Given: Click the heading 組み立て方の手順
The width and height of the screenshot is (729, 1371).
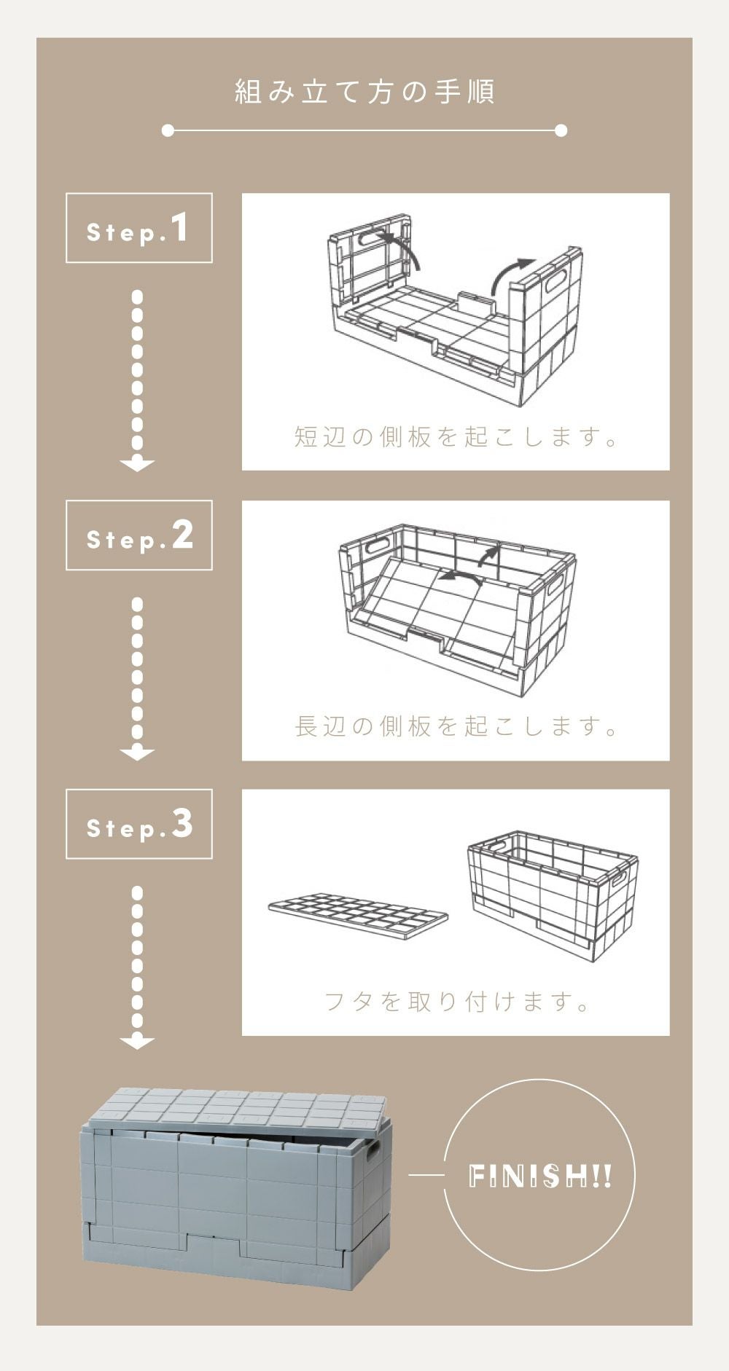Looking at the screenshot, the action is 364,93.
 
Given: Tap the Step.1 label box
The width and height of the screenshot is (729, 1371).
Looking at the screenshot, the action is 139,228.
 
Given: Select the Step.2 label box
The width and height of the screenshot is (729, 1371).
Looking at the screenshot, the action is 139,535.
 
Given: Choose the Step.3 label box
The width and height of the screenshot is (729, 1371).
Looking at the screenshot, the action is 139,824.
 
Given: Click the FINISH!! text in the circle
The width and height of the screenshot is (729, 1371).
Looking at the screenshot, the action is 540,1176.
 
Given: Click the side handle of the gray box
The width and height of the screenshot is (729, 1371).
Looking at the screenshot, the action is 373,1152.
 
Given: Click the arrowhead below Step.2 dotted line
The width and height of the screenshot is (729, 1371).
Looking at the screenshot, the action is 137,755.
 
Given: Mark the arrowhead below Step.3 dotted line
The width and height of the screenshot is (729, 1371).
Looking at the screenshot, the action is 137,1043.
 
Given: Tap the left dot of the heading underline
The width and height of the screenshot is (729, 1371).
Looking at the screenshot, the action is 168,130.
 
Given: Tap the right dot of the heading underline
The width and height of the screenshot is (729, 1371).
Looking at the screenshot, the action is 561,130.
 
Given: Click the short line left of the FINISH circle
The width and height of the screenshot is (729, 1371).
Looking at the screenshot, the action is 426,1175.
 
